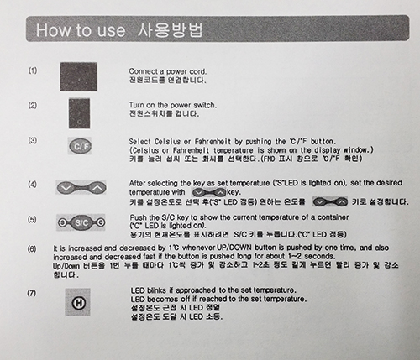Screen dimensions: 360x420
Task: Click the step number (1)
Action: coord(32,70)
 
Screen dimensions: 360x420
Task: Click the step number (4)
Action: coord(32,184)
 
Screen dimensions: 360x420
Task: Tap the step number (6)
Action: coord(32,249)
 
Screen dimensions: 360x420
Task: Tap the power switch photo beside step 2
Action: coord(80,112)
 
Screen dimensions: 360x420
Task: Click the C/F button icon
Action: coord(80,147)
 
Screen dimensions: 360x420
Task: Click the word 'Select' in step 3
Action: coord(141,140)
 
